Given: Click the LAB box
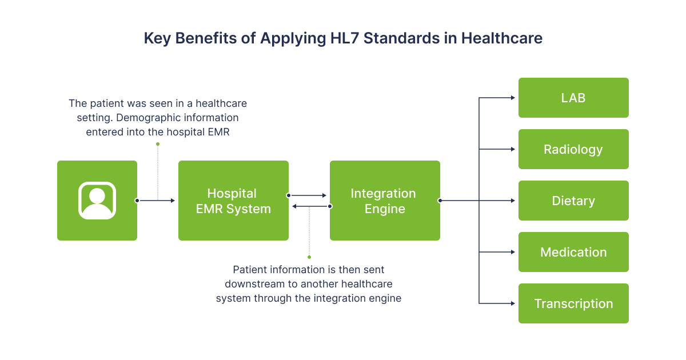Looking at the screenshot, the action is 573,98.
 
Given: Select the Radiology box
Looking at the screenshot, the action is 573,149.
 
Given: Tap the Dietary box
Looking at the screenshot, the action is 573,201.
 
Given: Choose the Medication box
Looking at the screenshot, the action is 573,252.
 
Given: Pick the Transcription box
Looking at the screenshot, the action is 573,303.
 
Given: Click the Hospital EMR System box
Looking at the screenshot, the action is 233,201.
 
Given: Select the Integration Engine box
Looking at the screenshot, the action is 385,201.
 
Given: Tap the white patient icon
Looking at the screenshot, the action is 97,201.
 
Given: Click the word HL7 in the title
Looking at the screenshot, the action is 344,38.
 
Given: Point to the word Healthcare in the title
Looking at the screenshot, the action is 502,38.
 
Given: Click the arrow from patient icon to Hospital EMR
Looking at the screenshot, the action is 156,201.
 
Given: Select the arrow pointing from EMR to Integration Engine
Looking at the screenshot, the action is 307,195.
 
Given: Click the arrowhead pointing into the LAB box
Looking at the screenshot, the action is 513,98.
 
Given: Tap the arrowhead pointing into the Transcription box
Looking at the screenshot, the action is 513,303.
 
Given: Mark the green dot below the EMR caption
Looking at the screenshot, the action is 158,144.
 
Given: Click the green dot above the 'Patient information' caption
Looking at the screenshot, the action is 309,257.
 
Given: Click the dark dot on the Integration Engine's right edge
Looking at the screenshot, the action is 440,201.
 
